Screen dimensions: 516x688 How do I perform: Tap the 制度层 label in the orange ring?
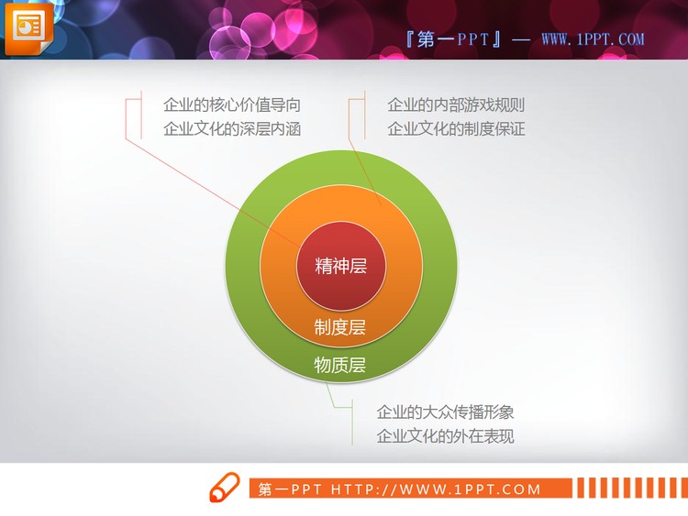pos(340,327)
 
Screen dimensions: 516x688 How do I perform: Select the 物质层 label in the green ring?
pos(340,366)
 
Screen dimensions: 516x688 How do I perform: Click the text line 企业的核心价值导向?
pos(231,104)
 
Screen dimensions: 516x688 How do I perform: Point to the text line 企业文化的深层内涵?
pos(231,128)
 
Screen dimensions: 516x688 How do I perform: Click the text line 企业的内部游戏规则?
pos(456,104)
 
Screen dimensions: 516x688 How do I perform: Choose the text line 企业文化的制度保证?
pos(456,128)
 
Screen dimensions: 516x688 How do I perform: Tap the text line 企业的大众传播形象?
pos(445,412)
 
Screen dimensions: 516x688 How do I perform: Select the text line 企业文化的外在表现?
pos(445,435)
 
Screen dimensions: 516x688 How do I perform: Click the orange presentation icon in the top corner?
pos(29,27)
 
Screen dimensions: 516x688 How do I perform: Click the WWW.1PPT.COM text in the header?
pos(593,39)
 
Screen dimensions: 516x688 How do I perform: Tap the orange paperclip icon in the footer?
pos(223,488)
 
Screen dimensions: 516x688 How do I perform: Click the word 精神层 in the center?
pos(341,267)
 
